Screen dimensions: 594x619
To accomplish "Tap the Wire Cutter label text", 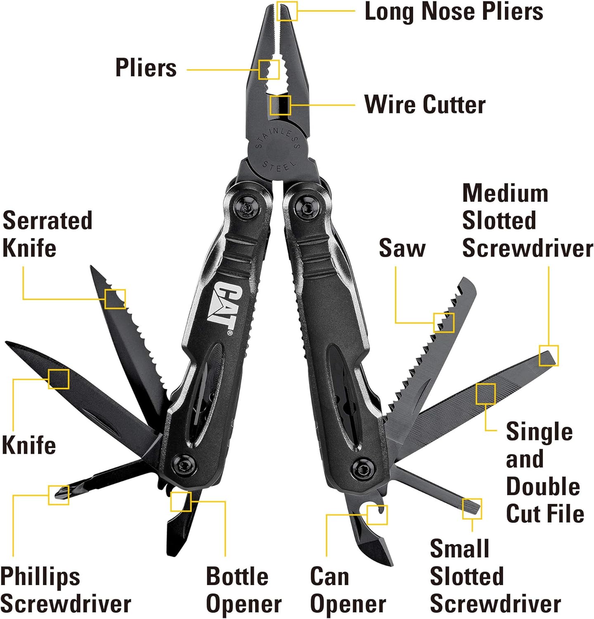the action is click(425, 104).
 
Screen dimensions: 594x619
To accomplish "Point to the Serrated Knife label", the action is click(47, 234).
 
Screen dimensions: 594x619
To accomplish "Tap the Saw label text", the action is click(402, 248).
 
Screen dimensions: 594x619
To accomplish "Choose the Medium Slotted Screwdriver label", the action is click(527, 221).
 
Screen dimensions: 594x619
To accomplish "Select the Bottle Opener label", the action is click(244, 590).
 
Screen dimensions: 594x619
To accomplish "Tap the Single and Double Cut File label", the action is click(545, 473).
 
